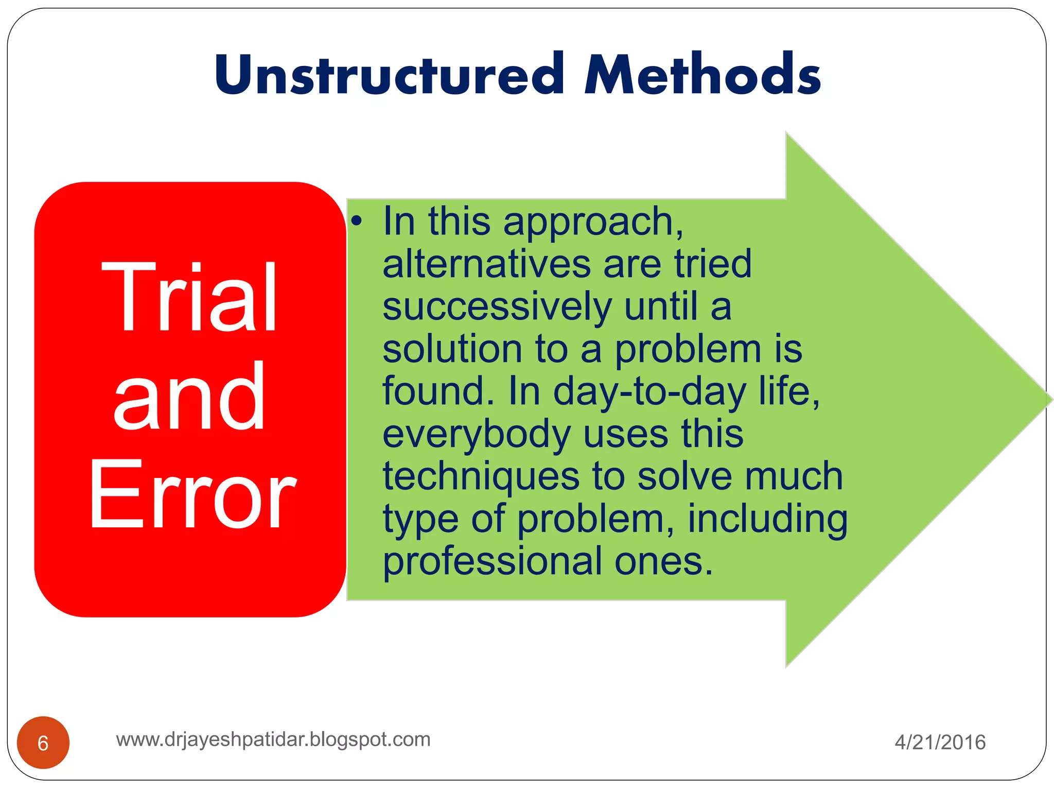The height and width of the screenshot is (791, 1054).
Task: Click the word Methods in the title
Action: [x=702, y=75]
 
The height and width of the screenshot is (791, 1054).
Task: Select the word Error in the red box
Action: [x=192, y=494]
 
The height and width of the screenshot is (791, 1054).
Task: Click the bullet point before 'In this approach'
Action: [x=357, y=222]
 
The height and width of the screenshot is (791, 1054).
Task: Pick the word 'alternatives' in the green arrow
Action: [x=486, y=264]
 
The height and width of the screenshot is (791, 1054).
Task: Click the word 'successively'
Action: [x=497, y=307]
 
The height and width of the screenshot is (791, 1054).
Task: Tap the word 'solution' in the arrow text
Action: [x=452, y=349]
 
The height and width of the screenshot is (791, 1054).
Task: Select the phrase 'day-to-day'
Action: [x=649, y=391]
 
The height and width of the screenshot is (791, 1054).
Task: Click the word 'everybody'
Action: [x=476, y=434]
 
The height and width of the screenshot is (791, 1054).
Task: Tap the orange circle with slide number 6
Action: [x=43, y=743]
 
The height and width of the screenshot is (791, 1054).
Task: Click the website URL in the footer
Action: [x=273, y=740]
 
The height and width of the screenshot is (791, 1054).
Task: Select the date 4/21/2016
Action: [x=940, y=743]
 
